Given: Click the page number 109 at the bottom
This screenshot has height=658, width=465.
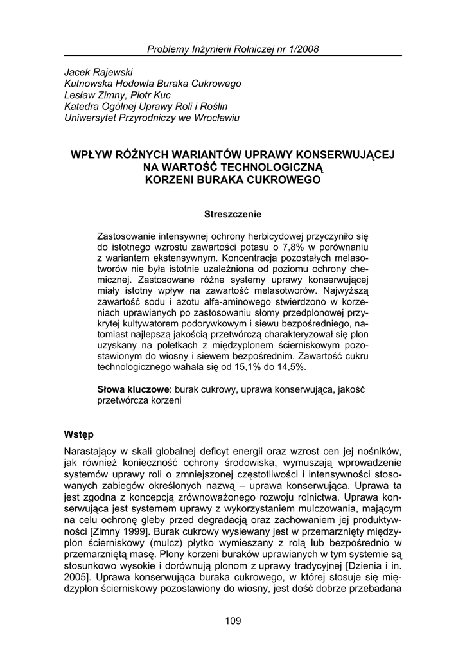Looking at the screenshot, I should tap(232, 620).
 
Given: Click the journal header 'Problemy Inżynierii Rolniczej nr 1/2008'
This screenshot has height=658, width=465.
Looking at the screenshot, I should tap(232, 49).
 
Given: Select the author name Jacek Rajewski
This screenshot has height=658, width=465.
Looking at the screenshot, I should tap(98, 72).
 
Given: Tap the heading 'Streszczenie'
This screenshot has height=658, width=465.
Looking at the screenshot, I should tap(232, 213).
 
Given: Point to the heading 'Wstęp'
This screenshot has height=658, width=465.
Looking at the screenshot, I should tap(79, 434).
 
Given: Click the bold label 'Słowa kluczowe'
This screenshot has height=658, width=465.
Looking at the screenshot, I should tap(133, 389).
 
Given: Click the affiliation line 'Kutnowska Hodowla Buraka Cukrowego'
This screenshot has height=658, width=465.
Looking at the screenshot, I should tap(153, 84).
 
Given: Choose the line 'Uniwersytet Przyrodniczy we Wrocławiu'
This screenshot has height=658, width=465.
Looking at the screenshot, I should tap(152, 118).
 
